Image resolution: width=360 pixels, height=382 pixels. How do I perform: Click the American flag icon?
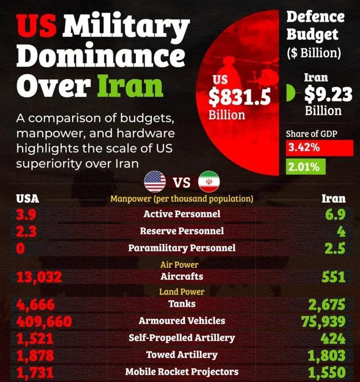click(155, 182)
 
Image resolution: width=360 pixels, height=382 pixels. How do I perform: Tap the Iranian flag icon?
click(209, 182)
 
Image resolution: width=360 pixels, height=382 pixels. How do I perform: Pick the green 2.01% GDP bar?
click(305, 167)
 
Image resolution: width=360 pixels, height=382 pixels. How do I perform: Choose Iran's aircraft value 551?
click(333, 277)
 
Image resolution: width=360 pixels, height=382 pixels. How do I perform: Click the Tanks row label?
click(182, 303)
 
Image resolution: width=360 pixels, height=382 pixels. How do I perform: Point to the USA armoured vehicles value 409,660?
click(44, 321)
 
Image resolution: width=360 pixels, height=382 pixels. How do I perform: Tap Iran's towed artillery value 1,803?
click(326, 355)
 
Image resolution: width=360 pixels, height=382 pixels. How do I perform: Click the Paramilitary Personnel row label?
click(182, 248)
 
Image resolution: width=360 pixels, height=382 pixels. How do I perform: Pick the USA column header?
click(28, 199)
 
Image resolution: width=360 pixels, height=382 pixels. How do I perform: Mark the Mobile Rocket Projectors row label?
click(182, 372)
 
